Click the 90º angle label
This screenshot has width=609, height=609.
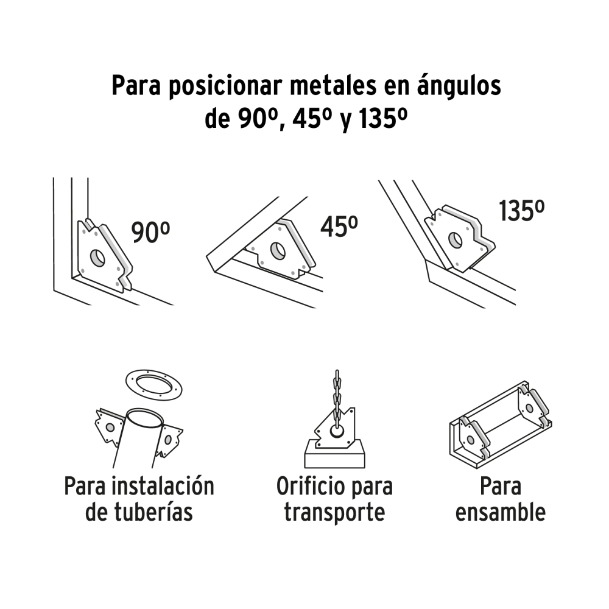[x=150, y=233]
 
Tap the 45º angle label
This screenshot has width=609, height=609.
[x=339, y=227]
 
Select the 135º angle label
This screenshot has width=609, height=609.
[x=522, y=211]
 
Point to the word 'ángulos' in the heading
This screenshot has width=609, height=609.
[x=459, y=86]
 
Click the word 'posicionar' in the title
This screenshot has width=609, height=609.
[x=227, y=87]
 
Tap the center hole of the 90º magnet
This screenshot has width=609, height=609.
[x=97, y=258]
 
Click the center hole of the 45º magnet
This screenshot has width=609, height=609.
[x=278, y=250]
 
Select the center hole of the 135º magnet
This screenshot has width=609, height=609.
[x=455, y=240]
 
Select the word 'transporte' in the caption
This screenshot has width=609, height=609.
[x=334, y=513]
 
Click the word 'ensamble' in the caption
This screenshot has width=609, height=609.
[x=500, y=512]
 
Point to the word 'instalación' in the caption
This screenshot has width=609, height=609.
[x=163, y=486]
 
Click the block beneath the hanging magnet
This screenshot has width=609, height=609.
[x=334, y=454]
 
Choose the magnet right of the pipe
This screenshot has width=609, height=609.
[x=169, y=440]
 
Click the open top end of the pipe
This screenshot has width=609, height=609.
[x=144, y=418]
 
